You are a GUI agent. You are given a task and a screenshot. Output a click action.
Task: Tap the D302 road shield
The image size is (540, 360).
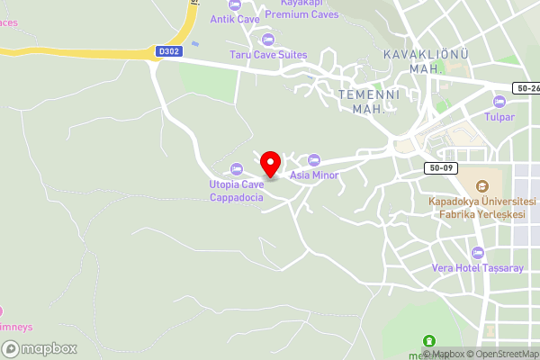[x=168, y=51]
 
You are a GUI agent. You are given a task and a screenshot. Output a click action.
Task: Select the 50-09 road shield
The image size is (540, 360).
[x=441, y=168]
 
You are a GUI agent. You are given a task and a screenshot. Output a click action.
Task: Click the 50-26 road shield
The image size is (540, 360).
[x=526, y=88]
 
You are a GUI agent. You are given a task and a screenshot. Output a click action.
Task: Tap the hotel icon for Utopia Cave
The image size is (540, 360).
[x=237, y=168]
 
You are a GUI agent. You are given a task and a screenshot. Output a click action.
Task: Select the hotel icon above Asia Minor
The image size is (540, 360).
[x=314, y=160]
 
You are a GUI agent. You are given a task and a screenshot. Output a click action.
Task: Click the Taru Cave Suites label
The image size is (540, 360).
[x=267, y=54]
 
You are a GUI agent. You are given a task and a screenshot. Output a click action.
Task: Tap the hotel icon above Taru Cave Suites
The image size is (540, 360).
[x=267, y=39]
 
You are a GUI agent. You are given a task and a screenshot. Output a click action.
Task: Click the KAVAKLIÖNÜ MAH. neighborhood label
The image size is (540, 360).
[x=426, y=61]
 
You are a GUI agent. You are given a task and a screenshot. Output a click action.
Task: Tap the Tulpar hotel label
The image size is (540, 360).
[x=499, y=117]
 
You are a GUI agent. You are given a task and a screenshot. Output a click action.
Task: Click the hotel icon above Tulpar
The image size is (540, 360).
[x=499, y=101]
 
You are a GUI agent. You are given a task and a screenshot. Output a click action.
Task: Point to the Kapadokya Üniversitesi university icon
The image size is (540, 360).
[x=481, y=184]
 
